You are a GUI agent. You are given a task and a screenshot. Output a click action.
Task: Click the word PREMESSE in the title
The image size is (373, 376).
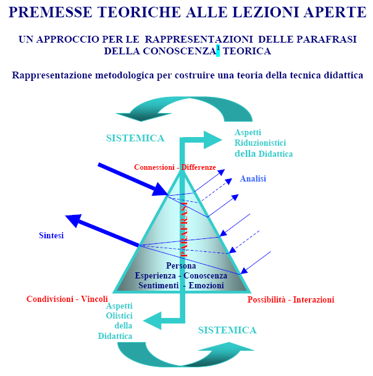pos(51,12)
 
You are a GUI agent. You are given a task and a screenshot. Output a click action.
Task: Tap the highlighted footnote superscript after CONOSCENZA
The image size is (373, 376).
pos(218,50)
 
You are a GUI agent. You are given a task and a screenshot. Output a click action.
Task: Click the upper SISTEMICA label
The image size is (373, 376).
pos(135,138)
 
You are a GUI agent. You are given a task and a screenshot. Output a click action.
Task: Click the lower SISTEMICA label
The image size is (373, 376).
pos(227,330)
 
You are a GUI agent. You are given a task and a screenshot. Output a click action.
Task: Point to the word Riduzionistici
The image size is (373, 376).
pos(260,143)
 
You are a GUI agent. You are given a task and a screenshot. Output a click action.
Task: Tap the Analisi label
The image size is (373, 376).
pos(253,178)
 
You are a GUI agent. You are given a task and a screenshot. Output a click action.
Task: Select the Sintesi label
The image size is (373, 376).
pos(51,235)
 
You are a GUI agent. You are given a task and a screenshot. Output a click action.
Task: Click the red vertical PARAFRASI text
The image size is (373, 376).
pos(184,230)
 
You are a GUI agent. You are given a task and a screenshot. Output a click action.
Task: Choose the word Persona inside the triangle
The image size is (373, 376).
pos(181,265)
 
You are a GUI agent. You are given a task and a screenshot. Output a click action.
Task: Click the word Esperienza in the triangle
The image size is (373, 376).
pos(156,276)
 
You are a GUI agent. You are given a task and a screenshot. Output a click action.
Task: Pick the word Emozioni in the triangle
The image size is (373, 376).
pos(206,286)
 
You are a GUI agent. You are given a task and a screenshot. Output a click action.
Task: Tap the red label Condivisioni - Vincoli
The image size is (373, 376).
pos(67,299)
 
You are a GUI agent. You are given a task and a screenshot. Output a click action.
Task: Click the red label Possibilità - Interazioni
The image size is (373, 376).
pos(291,299)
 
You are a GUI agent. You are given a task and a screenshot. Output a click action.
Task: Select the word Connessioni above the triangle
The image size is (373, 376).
pos(154,167)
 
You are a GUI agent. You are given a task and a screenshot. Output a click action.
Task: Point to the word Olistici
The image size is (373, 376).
pos(119,315)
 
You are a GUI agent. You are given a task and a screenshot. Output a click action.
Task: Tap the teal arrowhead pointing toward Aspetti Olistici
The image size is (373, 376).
pos(153,320)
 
